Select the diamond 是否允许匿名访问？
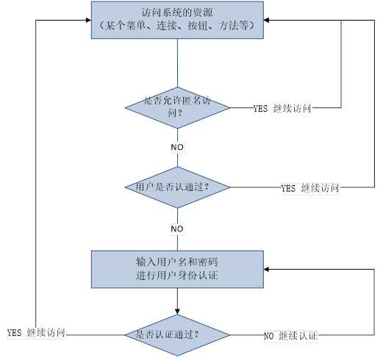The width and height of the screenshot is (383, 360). pos(177,107)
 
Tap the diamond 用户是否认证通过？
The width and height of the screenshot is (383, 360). pos(177,187)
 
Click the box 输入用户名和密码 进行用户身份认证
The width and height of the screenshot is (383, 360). pos(177,269)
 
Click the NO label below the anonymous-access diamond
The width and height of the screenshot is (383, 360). pos(177,147)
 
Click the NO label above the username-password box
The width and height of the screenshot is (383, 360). pos(177,229)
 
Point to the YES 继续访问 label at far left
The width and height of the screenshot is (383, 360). pos(36,333)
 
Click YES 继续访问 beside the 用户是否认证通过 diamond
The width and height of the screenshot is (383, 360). pos(309,188)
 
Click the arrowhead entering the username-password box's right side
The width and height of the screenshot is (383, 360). pos(269,269)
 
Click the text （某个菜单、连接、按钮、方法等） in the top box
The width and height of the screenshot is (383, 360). pos(177,26)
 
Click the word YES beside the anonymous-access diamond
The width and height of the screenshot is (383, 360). pos(259,109)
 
